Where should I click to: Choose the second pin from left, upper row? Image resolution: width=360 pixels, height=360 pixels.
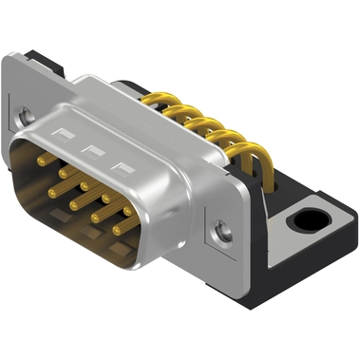(65, 172)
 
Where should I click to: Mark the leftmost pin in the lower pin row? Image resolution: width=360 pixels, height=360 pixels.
(53, 191)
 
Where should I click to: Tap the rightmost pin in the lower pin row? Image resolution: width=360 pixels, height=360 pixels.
(119, 229)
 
